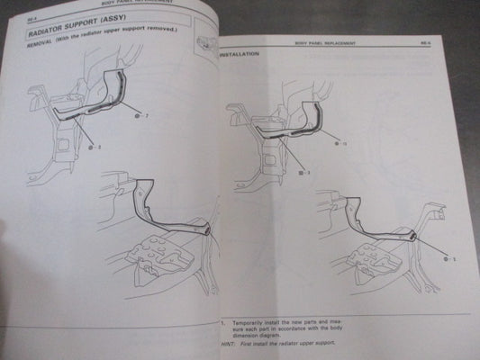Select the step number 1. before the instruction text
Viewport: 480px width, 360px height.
222,320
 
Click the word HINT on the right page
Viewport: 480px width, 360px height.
226,345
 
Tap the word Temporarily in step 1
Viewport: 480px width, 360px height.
249,320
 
